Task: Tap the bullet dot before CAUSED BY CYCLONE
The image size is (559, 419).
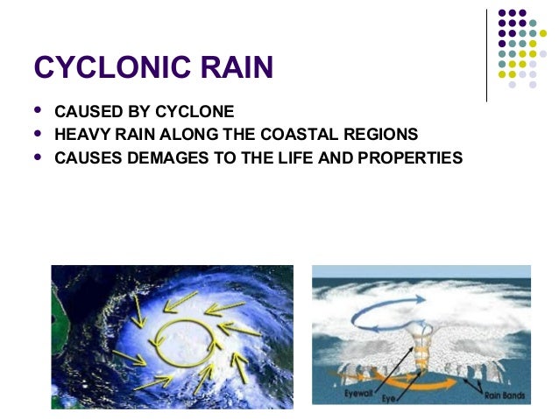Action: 37,111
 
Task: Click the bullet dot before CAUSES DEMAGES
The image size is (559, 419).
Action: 37,157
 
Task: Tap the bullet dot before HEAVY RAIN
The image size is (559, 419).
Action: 37,135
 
